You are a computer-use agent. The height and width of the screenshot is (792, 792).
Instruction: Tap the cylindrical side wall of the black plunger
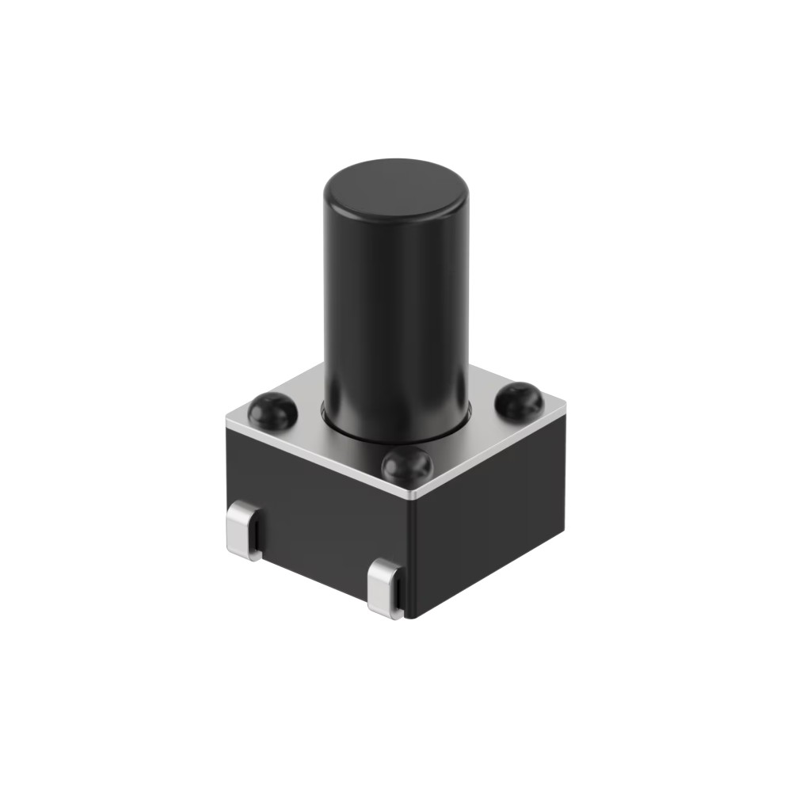(x=396, y=317)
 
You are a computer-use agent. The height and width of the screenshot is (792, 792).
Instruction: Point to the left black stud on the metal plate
(x=272, y=409)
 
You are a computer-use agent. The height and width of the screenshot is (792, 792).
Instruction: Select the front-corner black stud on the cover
(x=406, y=466)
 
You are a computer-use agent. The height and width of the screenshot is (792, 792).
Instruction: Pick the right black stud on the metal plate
(x=519, y=400)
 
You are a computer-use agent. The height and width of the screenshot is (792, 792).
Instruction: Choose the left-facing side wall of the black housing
(x=317, y=515)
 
